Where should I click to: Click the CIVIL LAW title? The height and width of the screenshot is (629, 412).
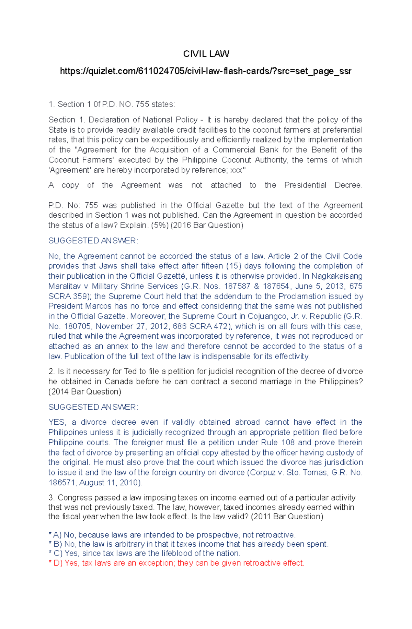coord(206,54)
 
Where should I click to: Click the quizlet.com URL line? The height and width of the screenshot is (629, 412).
coord(206,71)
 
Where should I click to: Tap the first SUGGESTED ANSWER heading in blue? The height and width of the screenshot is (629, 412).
coord(93,241)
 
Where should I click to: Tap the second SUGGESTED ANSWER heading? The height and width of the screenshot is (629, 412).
coord(93,407)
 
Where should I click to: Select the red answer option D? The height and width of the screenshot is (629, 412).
coord(176,563)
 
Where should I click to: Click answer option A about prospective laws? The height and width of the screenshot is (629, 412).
coord(172,535)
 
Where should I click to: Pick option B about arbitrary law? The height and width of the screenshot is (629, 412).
coord(188,544)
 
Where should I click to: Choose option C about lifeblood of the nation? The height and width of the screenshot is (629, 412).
coord(145,553)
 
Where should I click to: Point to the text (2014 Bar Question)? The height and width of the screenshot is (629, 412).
coord(85,391)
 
